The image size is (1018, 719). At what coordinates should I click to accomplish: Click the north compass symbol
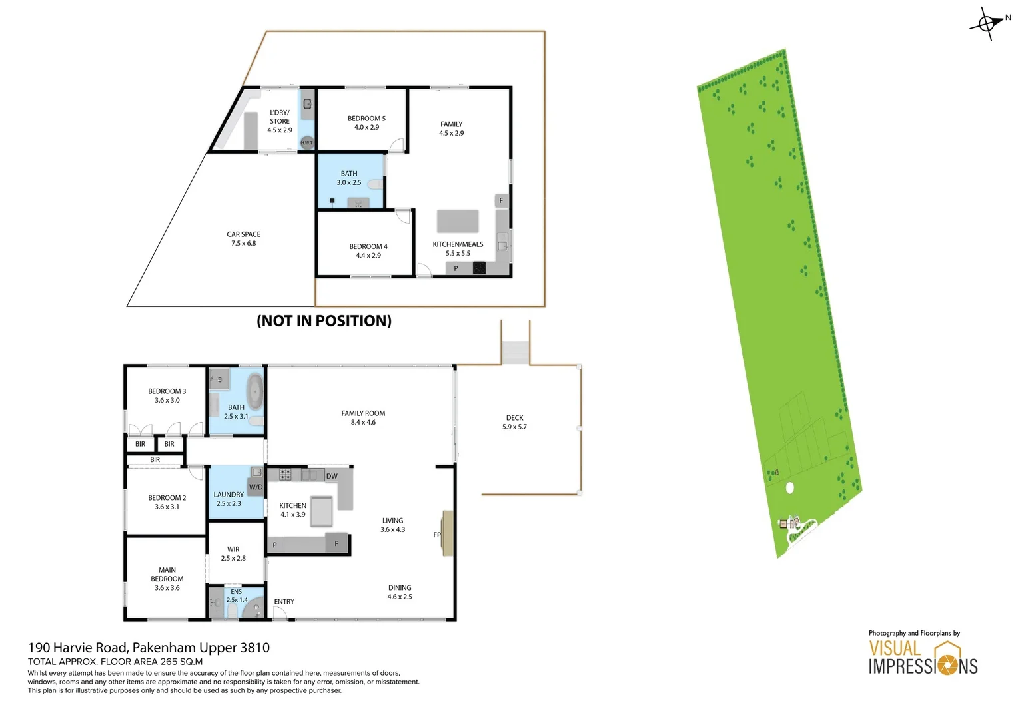(988, 23)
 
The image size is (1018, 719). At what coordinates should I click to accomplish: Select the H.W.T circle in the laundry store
(306, 142)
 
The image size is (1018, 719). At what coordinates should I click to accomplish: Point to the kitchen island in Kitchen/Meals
(458, 220)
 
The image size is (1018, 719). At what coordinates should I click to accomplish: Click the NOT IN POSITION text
(324, 321)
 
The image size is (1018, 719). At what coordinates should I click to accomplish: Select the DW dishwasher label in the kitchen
(332, 476)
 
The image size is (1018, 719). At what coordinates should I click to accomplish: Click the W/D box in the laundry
(256, 487)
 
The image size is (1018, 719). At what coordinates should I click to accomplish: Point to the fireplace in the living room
(448, 533)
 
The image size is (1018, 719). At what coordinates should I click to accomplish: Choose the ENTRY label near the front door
(284, 601)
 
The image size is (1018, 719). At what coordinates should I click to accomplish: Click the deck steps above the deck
(515, 352)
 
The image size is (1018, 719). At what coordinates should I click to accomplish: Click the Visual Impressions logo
(923, 658)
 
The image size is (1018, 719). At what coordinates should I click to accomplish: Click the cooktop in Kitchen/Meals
(479, 268)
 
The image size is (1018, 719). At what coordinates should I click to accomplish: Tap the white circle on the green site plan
(790, 488)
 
